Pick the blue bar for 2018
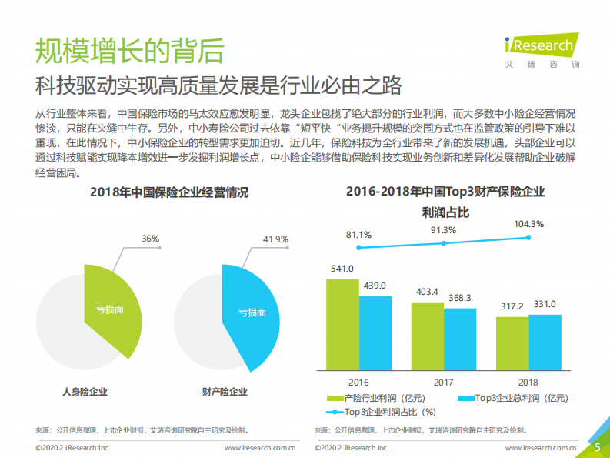pyautogui.click(x=545, y=343)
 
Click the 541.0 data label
pyautogui.click(x=342, y=269)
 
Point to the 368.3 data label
pyautogui.click(x=459, y=297)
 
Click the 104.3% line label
pyautogui.click(x=528, y=224)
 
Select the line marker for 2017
pyautogui.click(x=444, y=243)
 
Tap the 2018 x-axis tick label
pyautogui.click(x=528, y=382)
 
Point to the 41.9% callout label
pyautogui.click(x=275, y=239)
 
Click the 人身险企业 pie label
pyautogui.click(x=85, y=392)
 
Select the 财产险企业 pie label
pyautogui.click(x=225, y=392)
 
